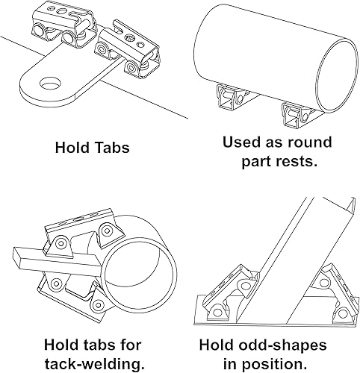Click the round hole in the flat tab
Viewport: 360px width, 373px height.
pos(50,83)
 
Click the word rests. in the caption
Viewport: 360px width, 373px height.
pos(297,162)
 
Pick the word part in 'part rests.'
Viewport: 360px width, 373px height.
pos(256,163)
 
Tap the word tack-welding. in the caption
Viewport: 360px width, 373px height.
pos(95,365)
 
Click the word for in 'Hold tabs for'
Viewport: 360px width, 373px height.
pos(130,345)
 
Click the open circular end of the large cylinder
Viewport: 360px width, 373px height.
pos(336,76)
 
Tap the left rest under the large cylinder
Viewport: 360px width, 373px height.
pos(232,98)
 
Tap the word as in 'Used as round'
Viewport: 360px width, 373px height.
pos(274,143)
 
